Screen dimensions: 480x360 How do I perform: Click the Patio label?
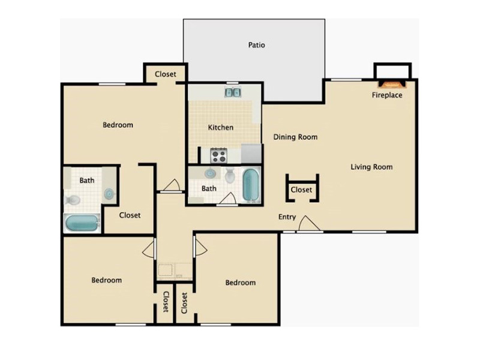pos(256,45)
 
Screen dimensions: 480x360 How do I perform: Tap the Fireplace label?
pos(387,95)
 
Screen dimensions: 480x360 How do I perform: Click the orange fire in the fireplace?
pos(392,83)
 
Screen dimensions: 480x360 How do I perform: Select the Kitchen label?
pos(220,127)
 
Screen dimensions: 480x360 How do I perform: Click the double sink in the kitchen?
pos(233,92)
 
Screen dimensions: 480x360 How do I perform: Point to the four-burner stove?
pos(218,155)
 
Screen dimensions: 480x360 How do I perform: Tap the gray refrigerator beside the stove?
pos(251,154)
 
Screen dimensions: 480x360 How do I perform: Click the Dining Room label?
pos(295,137)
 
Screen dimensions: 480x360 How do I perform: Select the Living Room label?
pos(371,167)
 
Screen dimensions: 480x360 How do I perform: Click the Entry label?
pos(287,217)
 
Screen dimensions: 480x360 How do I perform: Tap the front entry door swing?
pos(309,224)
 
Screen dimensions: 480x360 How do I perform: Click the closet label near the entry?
pos(301,190)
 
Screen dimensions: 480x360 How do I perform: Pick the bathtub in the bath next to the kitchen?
pos(251,185)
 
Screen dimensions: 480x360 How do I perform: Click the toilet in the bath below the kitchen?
pos(230,175)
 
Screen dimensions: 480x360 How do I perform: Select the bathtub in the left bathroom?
pos(82,223)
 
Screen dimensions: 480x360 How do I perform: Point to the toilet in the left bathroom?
pos(73,200)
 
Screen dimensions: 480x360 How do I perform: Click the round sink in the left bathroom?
pos(109,194)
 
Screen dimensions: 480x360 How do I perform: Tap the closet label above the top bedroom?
pos(166,74)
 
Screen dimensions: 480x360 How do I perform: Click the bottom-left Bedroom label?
pos(107,280)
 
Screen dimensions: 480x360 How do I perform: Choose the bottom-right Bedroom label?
pos(241,283)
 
